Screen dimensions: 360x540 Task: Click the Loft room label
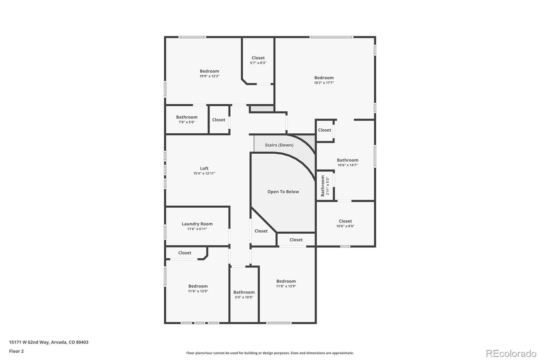tap(204, 168)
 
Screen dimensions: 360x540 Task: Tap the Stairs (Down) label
tap(279, 145)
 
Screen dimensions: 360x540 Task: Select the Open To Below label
tap(283, 191)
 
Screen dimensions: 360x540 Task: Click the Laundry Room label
tap(197, 224)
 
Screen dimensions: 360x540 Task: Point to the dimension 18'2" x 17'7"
tap(324, 83)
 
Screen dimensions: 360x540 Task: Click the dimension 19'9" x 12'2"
tap(209, 76)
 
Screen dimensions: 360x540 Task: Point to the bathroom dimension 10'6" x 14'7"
tap(348, 165)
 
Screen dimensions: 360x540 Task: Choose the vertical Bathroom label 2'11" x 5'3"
tap(325, 185)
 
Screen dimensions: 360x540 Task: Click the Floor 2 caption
tap(16, 351)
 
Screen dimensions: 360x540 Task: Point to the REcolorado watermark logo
tap(511, 353)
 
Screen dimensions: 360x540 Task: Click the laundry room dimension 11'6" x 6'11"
tap(197, 229)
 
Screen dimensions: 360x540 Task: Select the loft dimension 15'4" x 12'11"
tap(204, 174)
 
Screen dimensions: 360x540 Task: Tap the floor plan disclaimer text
tap(270, 353)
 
